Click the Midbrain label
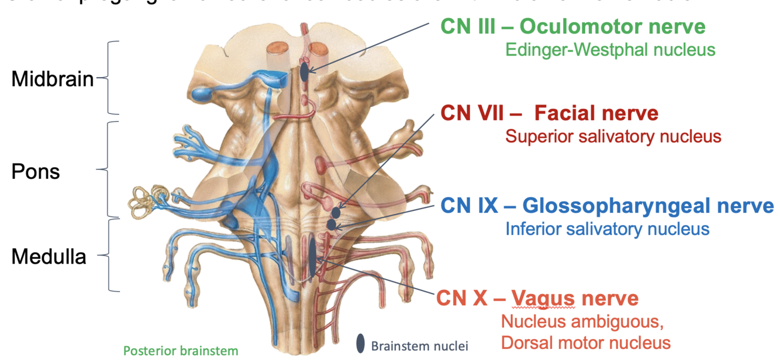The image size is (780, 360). (52, 79)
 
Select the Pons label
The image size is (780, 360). (35, 172)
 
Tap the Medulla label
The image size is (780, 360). (49, 256)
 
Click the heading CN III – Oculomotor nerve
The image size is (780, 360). (572, 26)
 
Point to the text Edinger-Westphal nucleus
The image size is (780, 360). (610, 49)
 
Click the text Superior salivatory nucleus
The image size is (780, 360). (613, 136)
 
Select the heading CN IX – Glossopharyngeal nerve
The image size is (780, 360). (606, 205)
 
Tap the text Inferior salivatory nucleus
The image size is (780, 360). (607, 228)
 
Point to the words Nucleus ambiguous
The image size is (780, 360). (582, 321)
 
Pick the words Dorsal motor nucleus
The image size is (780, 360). (585, 343)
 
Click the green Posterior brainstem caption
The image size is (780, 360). (181, 351)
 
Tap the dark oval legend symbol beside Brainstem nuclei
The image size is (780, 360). (361, 344)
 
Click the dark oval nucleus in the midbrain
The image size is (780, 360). (304, 72)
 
